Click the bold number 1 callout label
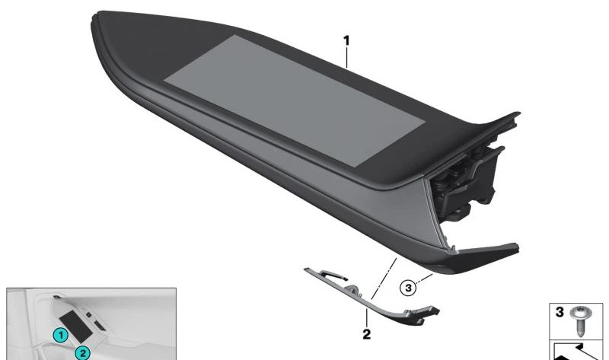(x=346, y=40)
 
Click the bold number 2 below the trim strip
(x=366, y=334)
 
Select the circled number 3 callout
(x=408, y=288)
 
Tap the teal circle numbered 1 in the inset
(x=60, y=335)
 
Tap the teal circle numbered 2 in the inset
(x=82, y=353)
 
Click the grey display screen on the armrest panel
(x=295, y=100)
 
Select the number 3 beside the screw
(x=560, y=312)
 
